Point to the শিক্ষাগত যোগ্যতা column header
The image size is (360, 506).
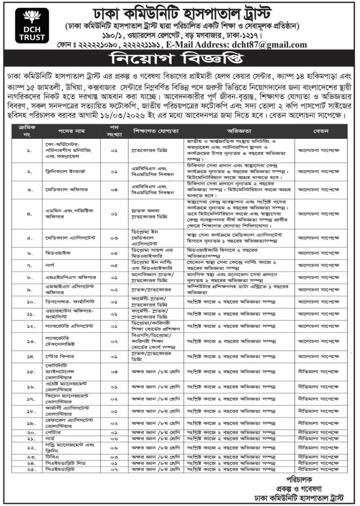pos(155,132)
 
